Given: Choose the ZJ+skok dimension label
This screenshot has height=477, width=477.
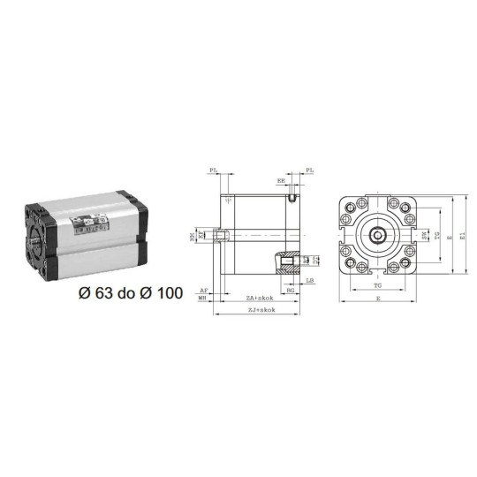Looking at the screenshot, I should pos(259,309).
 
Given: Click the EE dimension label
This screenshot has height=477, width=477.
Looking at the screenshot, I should pos(281,180).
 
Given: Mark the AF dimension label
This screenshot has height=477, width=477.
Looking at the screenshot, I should pos(203,289).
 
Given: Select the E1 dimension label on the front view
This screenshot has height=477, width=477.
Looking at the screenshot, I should pos(460,236).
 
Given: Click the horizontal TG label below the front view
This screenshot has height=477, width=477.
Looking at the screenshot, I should pos(377,287).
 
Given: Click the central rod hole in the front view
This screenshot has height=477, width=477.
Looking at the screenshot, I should pos(378,236).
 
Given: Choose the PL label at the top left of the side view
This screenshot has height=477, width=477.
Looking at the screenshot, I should pos(214,170).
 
